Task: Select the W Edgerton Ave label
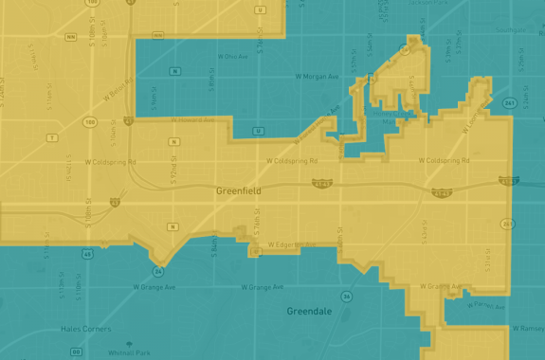click(288, 244)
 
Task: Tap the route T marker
click(52, 137)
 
